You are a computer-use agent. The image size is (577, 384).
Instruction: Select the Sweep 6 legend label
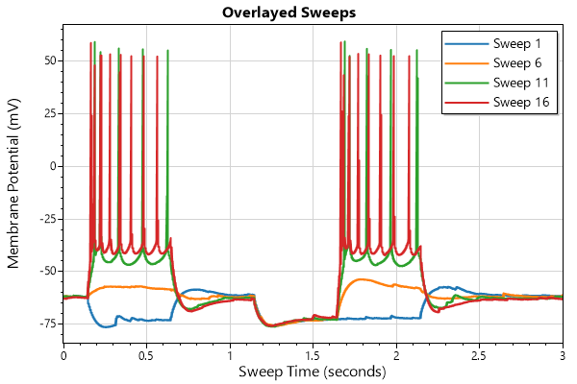point(517,63)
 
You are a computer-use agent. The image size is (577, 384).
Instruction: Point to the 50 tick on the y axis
point(47,60)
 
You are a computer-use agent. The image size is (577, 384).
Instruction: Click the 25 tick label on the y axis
point(47,113)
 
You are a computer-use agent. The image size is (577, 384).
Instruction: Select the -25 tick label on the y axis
point(44,219)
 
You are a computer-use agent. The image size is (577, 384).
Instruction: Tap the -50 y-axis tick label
point(44,272)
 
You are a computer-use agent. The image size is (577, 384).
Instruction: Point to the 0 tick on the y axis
point(51,166)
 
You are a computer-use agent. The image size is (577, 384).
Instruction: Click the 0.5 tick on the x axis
point(146,355)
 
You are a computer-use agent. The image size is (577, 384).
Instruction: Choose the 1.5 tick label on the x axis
point(313,355)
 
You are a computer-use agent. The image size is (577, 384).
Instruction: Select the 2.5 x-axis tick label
point(479,355)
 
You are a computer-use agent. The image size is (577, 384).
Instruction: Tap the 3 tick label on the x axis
point(563,355)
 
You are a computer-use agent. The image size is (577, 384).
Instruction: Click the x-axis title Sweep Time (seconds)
point(313,372)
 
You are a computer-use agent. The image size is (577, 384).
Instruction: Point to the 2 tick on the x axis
point(396,355)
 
